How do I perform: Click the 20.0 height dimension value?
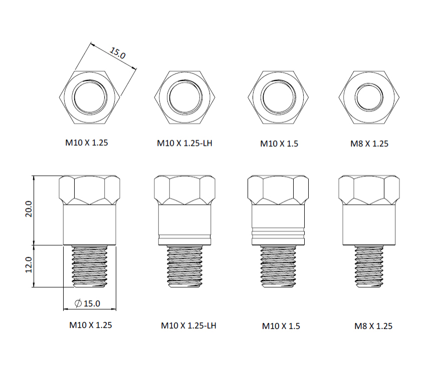click(29, 209)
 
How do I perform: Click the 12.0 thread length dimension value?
click(29, 265)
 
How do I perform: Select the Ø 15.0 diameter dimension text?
click(87, 303)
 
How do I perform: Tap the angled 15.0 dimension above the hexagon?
click(118, 53)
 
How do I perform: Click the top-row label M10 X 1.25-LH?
click(184, 143)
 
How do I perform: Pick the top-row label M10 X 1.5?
click(279, 144)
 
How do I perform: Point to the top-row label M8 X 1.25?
click(369, 144)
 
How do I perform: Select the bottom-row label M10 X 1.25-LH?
click(188, 325)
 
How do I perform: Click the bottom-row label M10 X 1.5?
click(281, 326)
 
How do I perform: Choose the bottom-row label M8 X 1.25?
click(373, 326)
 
